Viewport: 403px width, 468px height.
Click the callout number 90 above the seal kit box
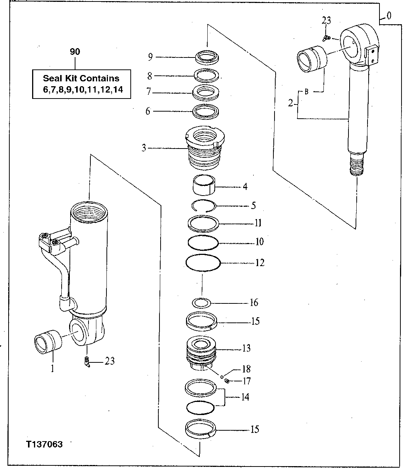tap(75, 52)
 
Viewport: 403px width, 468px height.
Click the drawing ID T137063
tap(44, 444)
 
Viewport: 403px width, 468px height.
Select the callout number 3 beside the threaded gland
tap(144, 148)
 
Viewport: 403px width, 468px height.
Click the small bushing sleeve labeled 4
tap(204, 184)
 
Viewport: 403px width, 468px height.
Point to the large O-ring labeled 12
tap(203, 263)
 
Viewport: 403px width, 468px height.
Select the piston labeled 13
tap(202, 353)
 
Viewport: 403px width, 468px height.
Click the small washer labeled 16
tap(202, 302)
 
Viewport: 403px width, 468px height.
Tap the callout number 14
tap(245, 397)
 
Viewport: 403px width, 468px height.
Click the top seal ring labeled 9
tap(207, 57)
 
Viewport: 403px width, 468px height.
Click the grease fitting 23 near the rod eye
tap(326, 37)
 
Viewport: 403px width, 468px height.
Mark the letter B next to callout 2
tap(306, 92)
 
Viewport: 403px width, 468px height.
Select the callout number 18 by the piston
tap(246, 369)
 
